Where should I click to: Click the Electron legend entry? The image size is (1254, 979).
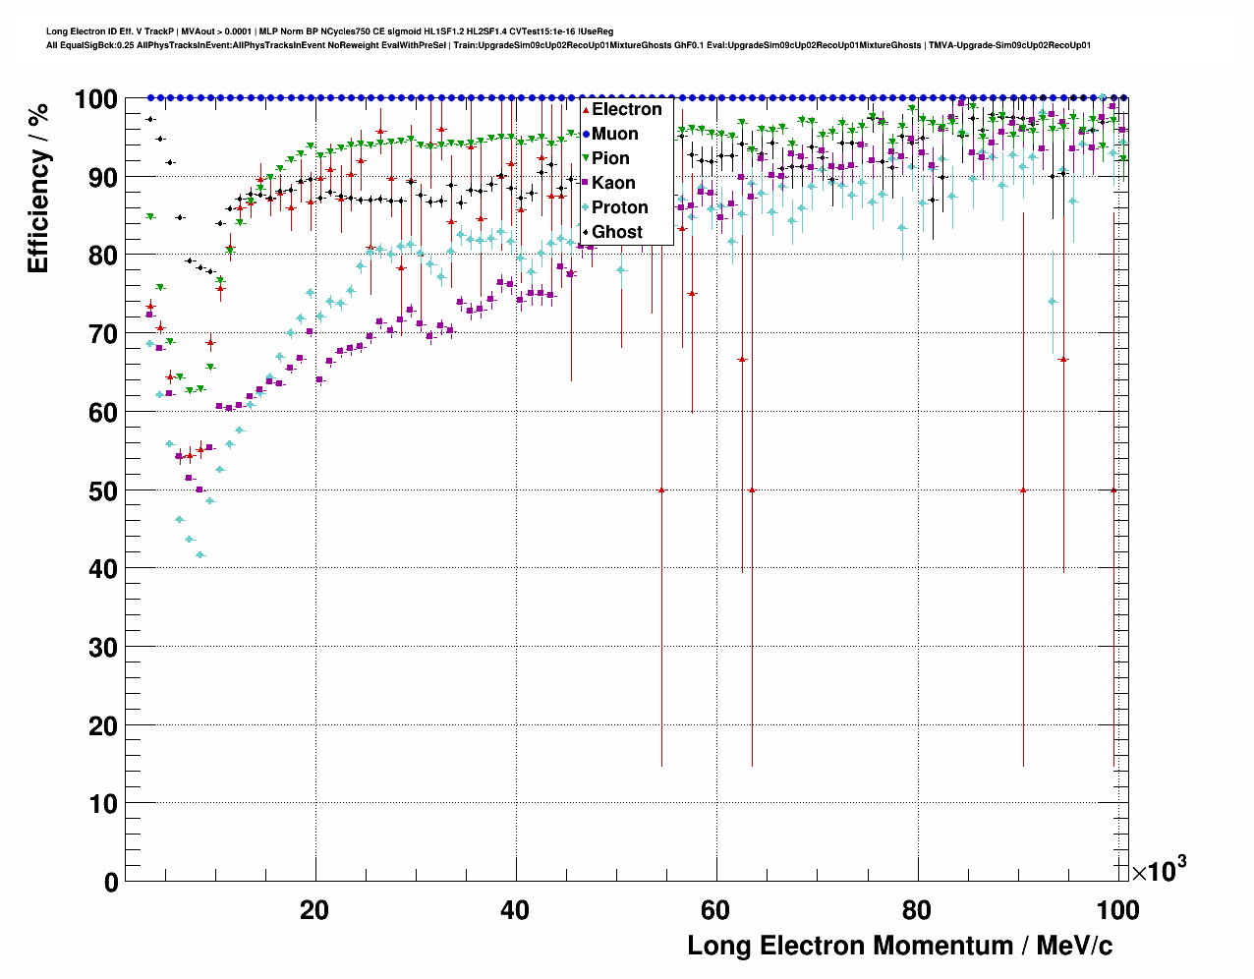coord(626,109)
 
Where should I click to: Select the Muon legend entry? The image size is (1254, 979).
coord(614,134)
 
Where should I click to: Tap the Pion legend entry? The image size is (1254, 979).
coord(610,158)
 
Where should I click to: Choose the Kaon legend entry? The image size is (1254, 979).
coord(613,183)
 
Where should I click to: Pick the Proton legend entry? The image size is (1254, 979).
coord(619,207)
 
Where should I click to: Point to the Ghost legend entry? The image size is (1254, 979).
coord(616,232)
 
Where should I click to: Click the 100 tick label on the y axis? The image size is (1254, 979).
coord(96,99)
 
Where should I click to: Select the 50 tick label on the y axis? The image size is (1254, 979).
coord(103,490)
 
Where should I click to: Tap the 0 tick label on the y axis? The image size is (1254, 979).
coord(111,882)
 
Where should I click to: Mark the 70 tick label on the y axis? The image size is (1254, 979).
coord(103,334)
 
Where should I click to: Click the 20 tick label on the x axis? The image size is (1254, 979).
coord(314,910)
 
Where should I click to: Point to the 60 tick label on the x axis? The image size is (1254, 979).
coord(715,910)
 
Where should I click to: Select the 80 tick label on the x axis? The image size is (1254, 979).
coord(917,910)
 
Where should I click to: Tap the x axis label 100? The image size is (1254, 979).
coord(1117,910)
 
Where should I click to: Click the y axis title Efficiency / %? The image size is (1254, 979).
coord(38,187)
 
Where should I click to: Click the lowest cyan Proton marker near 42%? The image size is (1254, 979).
coord(199,554)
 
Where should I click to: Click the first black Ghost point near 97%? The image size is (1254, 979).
coord(149,119)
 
